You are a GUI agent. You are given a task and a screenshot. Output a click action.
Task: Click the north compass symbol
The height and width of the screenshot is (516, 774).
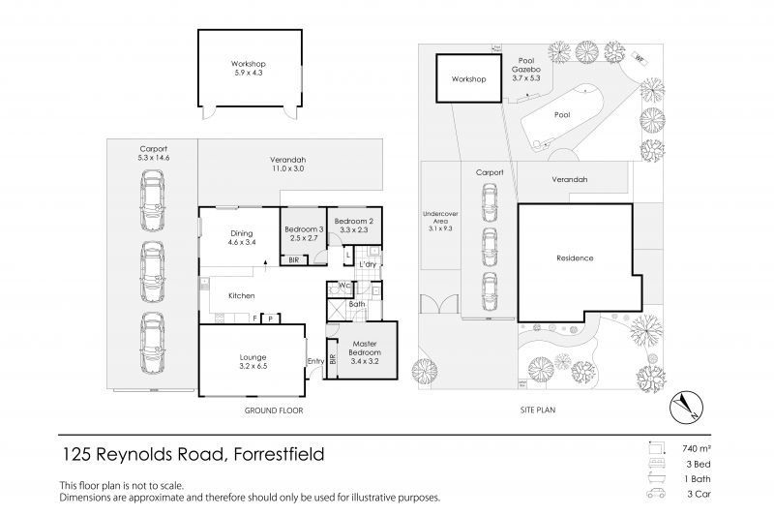coord(686,408)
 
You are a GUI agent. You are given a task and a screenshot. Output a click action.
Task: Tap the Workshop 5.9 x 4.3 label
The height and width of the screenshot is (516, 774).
coord(249,68)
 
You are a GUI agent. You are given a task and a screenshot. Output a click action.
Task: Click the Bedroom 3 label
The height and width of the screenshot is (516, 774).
coord(304,229)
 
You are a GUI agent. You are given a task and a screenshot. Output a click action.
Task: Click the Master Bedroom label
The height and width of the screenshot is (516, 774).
coord(365,349)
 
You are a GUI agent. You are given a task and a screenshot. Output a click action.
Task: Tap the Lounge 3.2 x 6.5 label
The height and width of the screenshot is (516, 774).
coord(253,361)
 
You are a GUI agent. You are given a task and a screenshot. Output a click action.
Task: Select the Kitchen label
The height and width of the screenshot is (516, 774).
coord(241,296)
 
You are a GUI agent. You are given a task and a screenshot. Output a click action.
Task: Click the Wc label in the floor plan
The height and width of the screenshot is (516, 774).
coord(344,286)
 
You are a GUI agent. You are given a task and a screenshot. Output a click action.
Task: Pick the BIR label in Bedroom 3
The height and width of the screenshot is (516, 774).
coord(294,259)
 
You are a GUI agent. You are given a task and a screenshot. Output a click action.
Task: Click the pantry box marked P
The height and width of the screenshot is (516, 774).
coord(271,319)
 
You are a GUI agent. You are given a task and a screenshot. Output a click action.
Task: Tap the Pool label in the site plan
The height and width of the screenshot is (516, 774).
coord(562,114)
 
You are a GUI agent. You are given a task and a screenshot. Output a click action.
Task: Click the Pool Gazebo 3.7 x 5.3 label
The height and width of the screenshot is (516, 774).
coord(526,69)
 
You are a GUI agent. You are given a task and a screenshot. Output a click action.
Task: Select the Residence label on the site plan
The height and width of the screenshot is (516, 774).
coord(575,258)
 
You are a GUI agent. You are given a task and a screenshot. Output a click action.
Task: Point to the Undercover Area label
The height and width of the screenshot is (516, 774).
coord(440,222)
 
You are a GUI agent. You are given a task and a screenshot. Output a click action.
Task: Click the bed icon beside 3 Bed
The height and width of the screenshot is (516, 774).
coord(657,464)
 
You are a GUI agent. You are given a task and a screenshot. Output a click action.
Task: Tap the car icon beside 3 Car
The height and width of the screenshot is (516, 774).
coord(657,494)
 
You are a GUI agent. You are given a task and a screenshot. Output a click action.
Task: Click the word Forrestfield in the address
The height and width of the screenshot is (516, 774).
coord(279,454)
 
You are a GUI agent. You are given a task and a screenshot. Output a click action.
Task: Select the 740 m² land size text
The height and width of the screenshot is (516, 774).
coord(697,449)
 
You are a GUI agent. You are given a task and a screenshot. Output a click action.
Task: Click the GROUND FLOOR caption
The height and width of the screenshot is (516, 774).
coord(274,410)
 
